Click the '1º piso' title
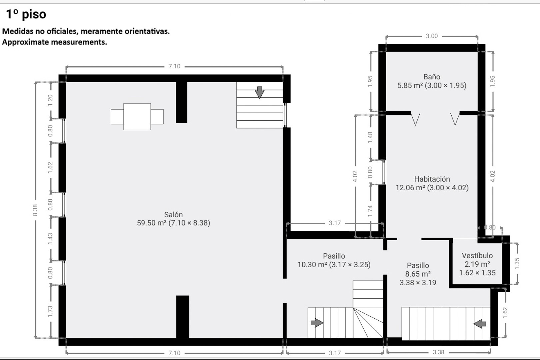(x=26, y=14)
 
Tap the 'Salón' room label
(x=173, y=215)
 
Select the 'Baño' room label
(x=432, y=77)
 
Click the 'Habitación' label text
(x=432, y=179)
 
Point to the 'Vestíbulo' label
(x=477, y=256)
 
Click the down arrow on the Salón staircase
(x=259, y=92)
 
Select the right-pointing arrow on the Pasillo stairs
(x=317, y=323)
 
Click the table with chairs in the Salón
(x=137, y=116)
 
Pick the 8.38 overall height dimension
(x=35, y=210)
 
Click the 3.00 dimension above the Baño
(x=432, y=36)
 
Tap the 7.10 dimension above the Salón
(x=174, y=66)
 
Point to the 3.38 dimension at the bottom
(x=438, y=352)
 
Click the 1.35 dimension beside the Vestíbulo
(x=517, y=263)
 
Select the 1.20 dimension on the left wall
(x=50, y=100)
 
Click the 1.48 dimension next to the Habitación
(x=370, y=137)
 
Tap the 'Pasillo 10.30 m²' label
(x=334, y=260)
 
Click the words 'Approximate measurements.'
(x=55, y=42)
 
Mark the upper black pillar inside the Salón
(x=181, y=102)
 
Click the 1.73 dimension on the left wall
(x=50, y=311)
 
